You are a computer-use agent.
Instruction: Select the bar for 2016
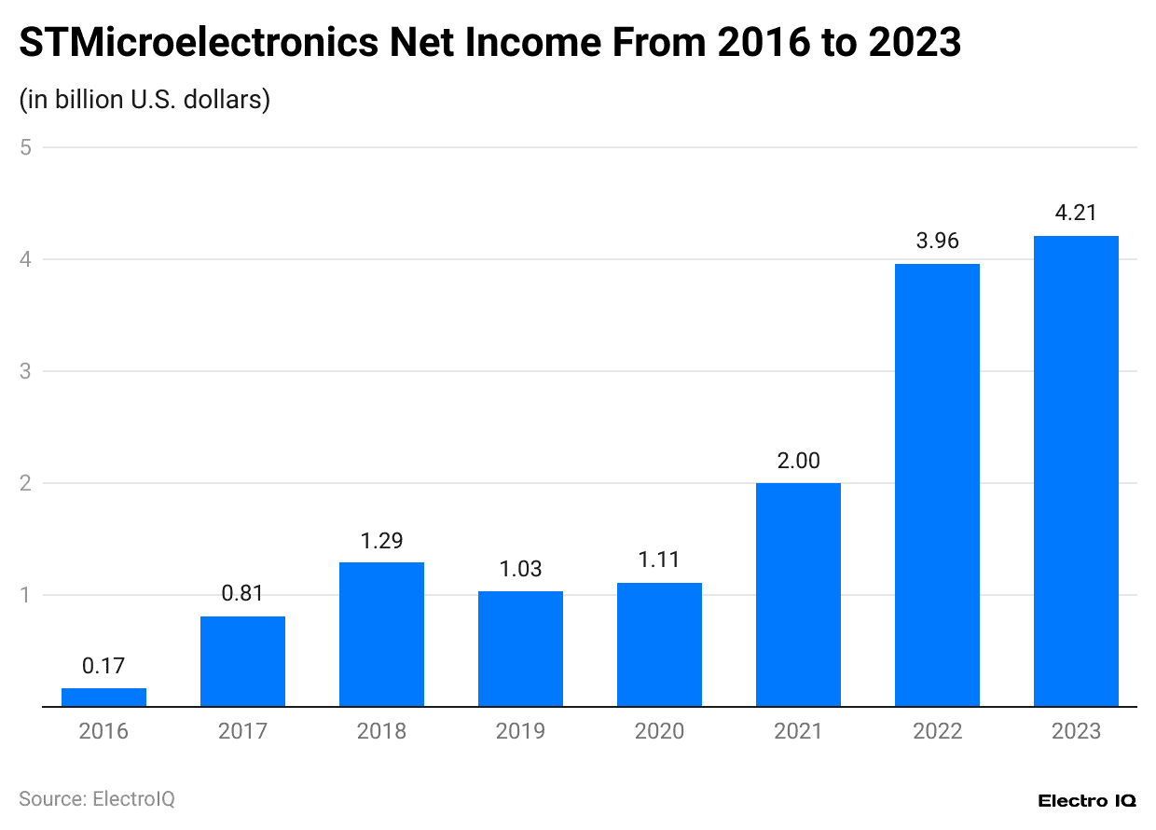coord(103,698)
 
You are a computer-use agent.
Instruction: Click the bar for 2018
coord(381,634)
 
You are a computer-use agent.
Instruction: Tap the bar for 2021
coord(798,595)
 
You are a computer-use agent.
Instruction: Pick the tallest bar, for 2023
coord(1076,471)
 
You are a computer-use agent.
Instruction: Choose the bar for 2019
coord(520,649)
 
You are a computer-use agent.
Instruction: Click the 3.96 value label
coord(937,242)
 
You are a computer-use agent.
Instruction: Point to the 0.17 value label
coord(103,666)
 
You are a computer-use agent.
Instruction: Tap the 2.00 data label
coord(798,461)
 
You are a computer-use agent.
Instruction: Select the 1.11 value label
coord(659,560)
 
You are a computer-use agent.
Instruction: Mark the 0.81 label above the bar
coord(242,594)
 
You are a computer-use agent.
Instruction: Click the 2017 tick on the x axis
coord(242,731)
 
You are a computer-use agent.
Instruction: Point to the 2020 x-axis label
coord(659,731)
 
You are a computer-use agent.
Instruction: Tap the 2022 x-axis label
coord(937,731)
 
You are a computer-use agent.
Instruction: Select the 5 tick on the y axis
coord(26,147)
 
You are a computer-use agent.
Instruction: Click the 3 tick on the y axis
coord(26,371)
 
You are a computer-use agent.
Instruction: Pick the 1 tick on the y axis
coord(26,595)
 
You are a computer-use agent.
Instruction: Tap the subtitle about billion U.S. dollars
coord(144,99)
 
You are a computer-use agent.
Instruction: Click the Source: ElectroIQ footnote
coord(97,799)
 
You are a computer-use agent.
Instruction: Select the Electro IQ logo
coord(1086,801)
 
